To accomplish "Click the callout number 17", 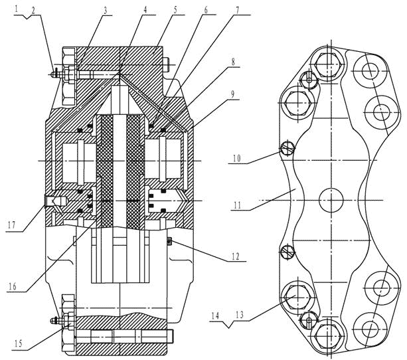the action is (12, 225).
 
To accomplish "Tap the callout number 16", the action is (13, 286).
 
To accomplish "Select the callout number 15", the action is (19, 343).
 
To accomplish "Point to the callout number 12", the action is (236, 256).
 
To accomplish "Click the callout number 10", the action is (236, 158).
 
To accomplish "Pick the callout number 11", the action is (238, 205).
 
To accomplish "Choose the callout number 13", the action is (240, 315).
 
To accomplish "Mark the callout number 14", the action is (215, 316).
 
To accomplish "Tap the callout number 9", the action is (232, 95).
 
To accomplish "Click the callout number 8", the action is (233, 62).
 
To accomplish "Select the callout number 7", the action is (237, 10).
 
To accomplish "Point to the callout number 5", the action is (175, 10).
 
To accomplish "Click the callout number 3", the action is (105, 11).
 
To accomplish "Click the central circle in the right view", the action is (331, 201).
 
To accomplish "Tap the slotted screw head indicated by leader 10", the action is (287, 148).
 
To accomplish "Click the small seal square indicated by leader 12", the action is (169, 241).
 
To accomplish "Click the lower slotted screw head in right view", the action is (288, 252).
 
